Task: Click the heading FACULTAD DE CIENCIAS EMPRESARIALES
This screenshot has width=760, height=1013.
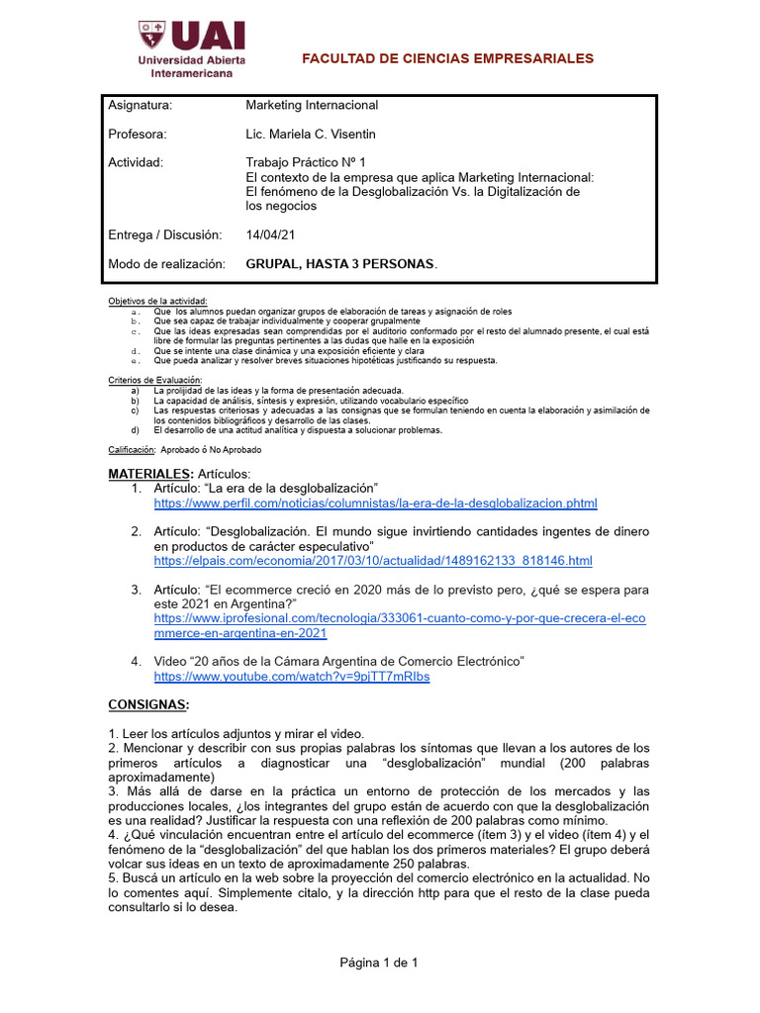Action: (447, 58)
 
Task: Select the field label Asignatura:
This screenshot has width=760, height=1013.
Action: (141, 106)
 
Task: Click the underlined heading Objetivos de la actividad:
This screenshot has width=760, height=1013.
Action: (158, 301)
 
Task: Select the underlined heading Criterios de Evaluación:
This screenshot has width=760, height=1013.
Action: (154, 380)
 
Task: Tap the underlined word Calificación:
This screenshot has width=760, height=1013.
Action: (132, 449)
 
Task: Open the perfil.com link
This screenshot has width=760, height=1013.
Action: (375, 504)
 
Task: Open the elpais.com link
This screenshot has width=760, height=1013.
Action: (373, 561)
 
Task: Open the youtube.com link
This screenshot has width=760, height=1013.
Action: (292, 677)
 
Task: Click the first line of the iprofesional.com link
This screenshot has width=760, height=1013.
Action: (402, 618)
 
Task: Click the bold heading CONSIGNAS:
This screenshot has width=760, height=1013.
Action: (147, 704)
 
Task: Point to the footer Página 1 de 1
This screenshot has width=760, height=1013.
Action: (380, 963)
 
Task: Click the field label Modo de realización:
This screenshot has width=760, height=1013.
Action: (166, 264)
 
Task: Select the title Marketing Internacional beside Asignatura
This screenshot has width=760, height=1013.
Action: (312, 106)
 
